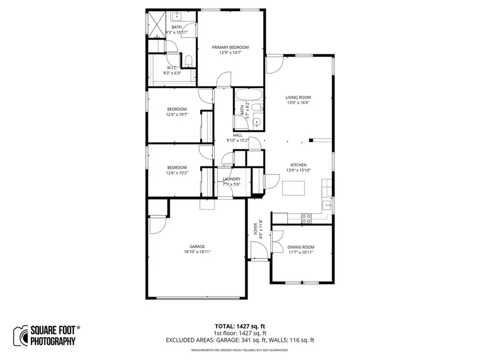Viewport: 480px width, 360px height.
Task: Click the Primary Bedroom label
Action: tap(230, 47)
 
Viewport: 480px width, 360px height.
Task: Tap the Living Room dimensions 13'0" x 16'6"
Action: tap(298, 103)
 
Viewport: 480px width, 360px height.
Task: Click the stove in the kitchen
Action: tap(307, 218)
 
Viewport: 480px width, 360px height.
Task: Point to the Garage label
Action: tap(197, 246)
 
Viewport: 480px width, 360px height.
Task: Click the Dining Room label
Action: tap(301, 247)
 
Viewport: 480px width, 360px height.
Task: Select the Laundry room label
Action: tap(231, 179)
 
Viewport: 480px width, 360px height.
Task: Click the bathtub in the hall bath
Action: tap(248, 95)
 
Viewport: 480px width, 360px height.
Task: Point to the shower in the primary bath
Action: tap(157, 25)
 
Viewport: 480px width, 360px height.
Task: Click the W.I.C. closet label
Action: tap(172, 68)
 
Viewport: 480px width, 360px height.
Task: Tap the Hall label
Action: tap(237, 135)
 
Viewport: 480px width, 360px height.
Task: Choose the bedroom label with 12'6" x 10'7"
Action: tap(177, 109)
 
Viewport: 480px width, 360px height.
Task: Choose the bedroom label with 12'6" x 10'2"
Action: tap(177, 167)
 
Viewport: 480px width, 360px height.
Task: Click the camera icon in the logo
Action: tap(21, 335)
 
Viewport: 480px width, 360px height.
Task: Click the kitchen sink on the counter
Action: tap(330, 204)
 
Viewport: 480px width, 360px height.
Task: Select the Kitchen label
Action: tap(298, 165)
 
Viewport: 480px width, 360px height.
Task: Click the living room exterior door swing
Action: tap(274, 65)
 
